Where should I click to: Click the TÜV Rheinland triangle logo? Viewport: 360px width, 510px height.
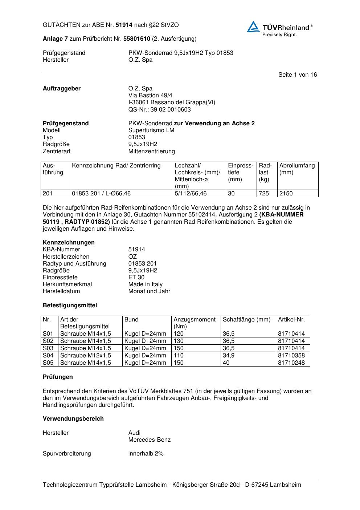[x=253, y=27]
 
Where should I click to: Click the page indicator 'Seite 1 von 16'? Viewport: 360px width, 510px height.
[x=297, y=75]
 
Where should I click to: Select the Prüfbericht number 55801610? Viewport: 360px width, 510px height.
[x=137, y=39]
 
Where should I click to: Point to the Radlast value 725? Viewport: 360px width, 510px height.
[x=263, y=194]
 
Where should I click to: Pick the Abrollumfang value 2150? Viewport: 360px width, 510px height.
[x=286, y=194]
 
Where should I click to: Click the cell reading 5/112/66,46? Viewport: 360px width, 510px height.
[x=191, y=194]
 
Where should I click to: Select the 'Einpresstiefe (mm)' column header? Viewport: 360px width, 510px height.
[x=240, y=173]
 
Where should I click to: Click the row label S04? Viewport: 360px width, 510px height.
[x=48, y=356]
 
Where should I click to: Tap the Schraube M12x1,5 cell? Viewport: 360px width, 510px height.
[x=86, y=356]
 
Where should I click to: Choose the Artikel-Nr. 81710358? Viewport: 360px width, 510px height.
[x=291, y=356]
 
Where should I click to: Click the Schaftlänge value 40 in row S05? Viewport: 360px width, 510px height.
[x=226, y=363]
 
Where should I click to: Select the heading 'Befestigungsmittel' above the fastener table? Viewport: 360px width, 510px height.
[x=70, y=305]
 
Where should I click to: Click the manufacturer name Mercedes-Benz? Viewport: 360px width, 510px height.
[x=150, y=440]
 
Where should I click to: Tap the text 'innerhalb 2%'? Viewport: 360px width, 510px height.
[x=146, y=454]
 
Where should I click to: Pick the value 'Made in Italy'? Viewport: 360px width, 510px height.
[x=146, y=284]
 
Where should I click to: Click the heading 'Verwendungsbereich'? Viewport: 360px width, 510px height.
[x=73, y=419]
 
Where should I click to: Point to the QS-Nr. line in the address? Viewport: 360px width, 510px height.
[x=159, y=110]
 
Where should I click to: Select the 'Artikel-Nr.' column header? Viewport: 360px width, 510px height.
[x=291, y=320]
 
